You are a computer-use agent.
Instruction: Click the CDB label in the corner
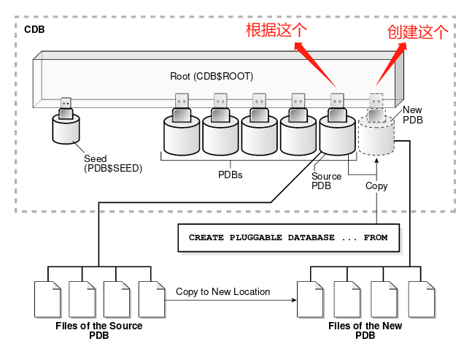click(x=34, y=30)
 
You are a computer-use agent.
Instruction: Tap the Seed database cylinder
click(x=66, y=129)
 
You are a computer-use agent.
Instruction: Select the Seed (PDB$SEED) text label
click(x=112, y=163)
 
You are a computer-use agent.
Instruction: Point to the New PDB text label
click(x=412, y=114)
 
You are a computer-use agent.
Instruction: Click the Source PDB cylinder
click(x=336, y=137)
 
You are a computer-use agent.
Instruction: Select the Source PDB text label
click(x=326, y=180)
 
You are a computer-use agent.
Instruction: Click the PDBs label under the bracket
click(x=231, y=175)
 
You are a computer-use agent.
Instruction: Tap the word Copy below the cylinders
click(x=376, y=185)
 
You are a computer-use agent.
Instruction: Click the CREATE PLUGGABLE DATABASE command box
click(x=288, y=238)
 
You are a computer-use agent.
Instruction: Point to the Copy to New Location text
click(x=223, y=291)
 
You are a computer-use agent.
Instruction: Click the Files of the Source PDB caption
click(x=98, y=330)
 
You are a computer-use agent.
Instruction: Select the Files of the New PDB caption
click(x=365, y=330)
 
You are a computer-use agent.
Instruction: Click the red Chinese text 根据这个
click(x=276, y=31)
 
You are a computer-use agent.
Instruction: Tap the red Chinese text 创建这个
click(x=417, y=31)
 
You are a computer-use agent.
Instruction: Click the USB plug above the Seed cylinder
click(x=66, y=107)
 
